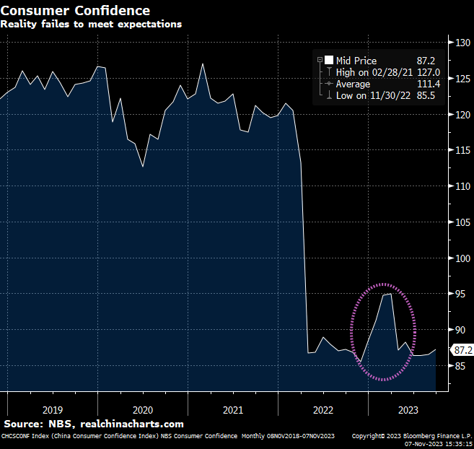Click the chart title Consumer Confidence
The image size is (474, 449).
point(75,10)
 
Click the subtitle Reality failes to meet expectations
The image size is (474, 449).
point(91,24)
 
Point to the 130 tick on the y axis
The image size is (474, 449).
point(462,43)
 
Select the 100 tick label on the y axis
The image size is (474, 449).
point(462,258)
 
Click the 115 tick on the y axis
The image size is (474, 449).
point(462,150)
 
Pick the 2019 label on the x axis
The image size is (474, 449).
point(53,409)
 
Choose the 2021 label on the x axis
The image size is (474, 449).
point(233,409)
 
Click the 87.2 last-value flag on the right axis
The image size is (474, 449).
point(462,350)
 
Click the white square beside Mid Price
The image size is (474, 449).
point(329,61)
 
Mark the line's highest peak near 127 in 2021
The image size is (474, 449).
point(203,64)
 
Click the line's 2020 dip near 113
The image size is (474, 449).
point(143,167)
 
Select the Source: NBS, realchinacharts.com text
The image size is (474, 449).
point(94,424)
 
